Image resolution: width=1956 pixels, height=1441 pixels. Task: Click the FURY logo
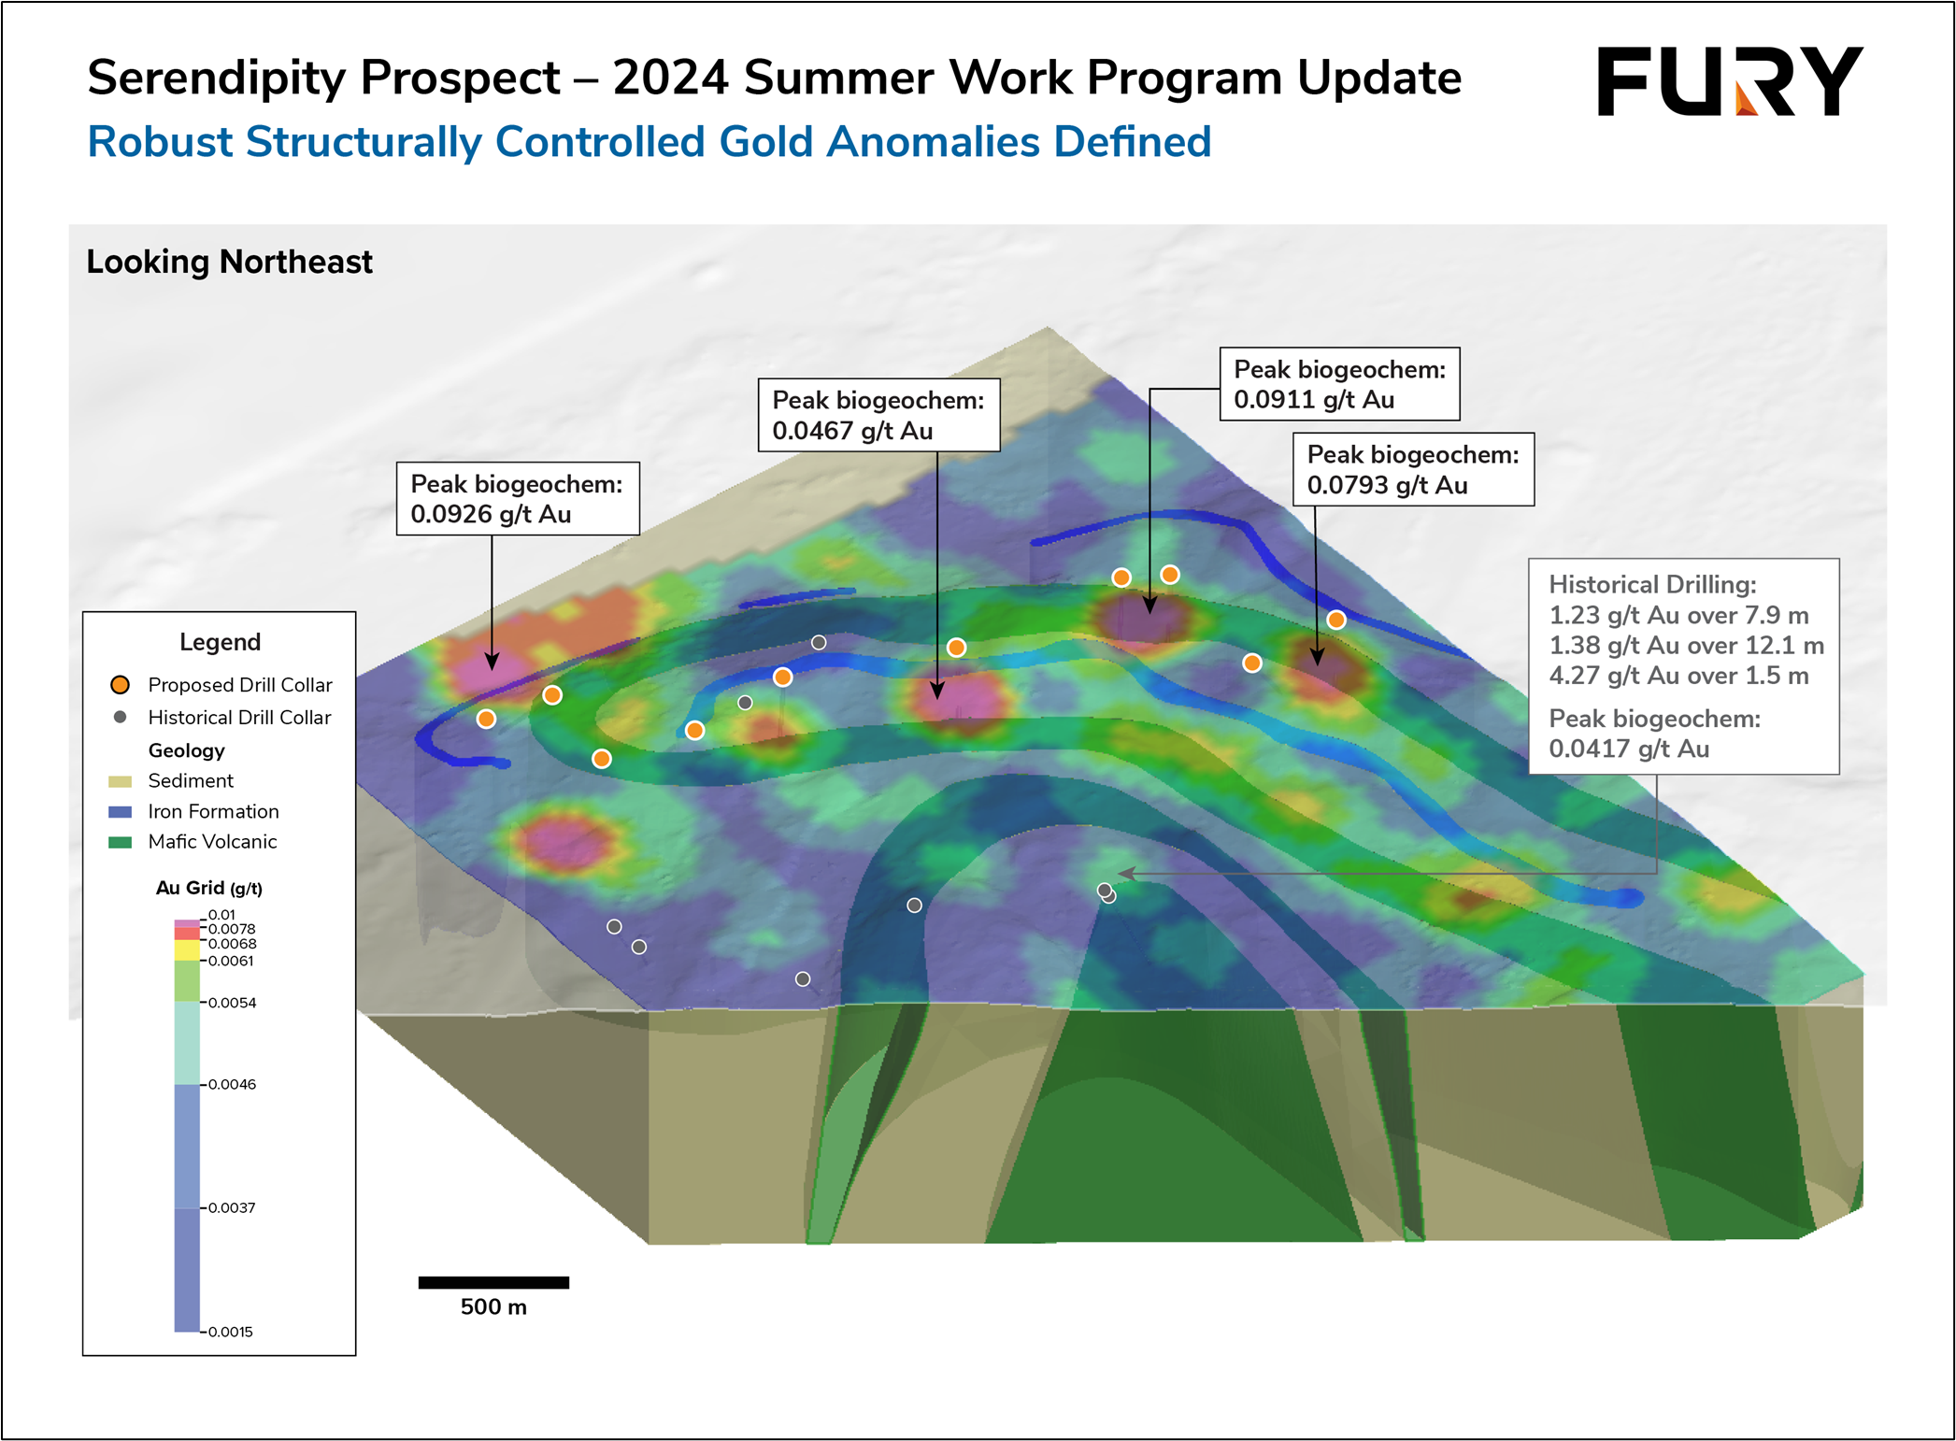pos(1730,81)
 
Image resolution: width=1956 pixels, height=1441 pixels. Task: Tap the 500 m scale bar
pos(493,1282)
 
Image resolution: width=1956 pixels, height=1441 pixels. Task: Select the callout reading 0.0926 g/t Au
pos(518,498)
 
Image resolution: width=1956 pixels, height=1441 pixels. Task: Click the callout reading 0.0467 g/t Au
pos(878,415)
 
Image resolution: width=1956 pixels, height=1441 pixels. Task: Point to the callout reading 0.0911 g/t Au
pos(1339,384)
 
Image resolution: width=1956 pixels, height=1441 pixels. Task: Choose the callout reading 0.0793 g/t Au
pos(1413,469)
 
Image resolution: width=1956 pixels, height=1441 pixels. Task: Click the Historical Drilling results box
pos(1684,666)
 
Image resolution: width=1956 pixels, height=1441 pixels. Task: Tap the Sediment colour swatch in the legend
pos(121,781)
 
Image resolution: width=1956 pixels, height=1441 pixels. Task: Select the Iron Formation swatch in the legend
pos(121,812)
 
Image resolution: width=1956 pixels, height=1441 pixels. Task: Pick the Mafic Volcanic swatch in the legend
pos(121,842)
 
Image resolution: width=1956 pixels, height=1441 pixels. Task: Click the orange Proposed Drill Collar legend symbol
pos(120,685)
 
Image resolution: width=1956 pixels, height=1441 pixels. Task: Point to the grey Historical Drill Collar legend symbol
pos(120,718)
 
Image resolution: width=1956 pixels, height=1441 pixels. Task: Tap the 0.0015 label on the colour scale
pos(230,1332)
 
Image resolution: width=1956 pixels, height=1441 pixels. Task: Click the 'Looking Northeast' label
pos(229,262)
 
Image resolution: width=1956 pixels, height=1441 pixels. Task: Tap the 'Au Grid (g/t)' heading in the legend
pos(209,888)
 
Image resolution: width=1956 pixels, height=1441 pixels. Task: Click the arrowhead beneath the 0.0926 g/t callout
pos(492,662)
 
